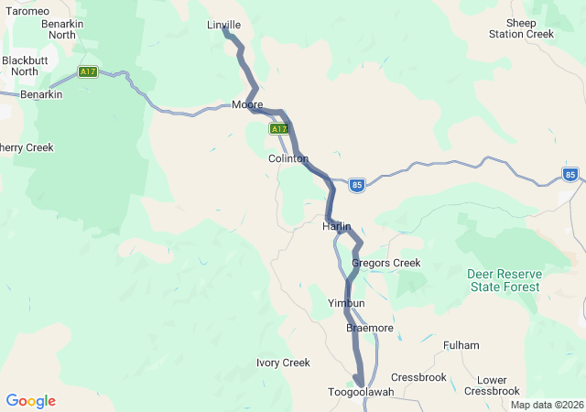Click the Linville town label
tap(223, 25)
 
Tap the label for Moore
tap(247, 104)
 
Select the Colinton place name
tap(288, 158)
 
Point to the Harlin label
tap(337, 225)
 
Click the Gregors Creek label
tap(386, 263)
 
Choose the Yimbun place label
tap(346, 303)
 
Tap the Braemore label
tap(370, 328)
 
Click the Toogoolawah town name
tap(361, 392)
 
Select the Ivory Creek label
tap(283, 363)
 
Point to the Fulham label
tap(461, 345)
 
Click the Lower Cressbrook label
tap(492, 385)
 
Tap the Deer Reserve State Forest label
tap(505, 280)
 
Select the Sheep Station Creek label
tap(522, 27)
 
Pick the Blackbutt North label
tap(19, 66)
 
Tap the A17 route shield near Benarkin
tap(88, 72)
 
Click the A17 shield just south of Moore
tap(278, 130)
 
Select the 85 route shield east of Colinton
tap(357, 185)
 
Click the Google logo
tap(30, 401)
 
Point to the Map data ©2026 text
tap(546, 405)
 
